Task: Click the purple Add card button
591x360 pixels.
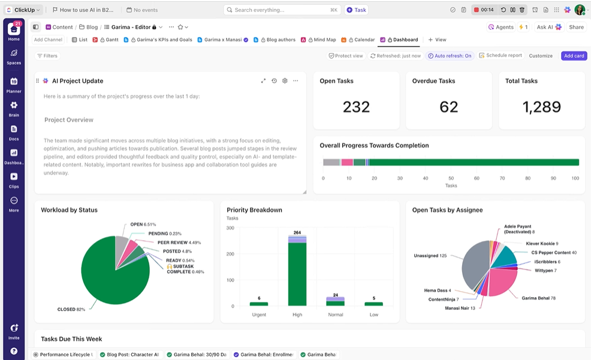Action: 574,56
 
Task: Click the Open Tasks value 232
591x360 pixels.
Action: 356,107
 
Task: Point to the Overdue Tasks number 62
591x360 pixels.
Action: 448,107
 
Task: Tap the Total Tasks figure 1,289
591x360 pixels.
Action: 541,107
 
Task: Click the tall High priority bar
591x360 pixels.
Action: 297,273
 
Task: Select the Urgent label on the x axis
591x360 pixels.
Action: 259,314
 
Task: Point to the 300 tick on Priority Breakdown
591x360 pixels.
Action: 230,228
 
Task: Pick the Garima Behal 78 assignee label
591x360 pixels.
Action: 538,298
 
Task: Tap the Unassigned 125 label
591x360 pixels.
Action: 430,256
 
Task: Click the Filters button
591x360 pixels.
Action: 47,56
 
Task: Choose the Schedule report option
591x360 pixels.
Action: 500,56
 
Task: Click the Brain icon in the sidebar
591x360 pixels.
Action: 14,108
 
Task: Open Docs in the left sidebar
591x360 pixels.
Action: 14,131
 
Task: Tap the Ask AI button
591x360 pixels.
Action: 549,27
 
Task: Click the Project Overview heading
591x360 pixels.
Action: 69,120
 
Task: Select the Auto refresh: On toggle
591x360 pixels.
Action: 450,56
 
